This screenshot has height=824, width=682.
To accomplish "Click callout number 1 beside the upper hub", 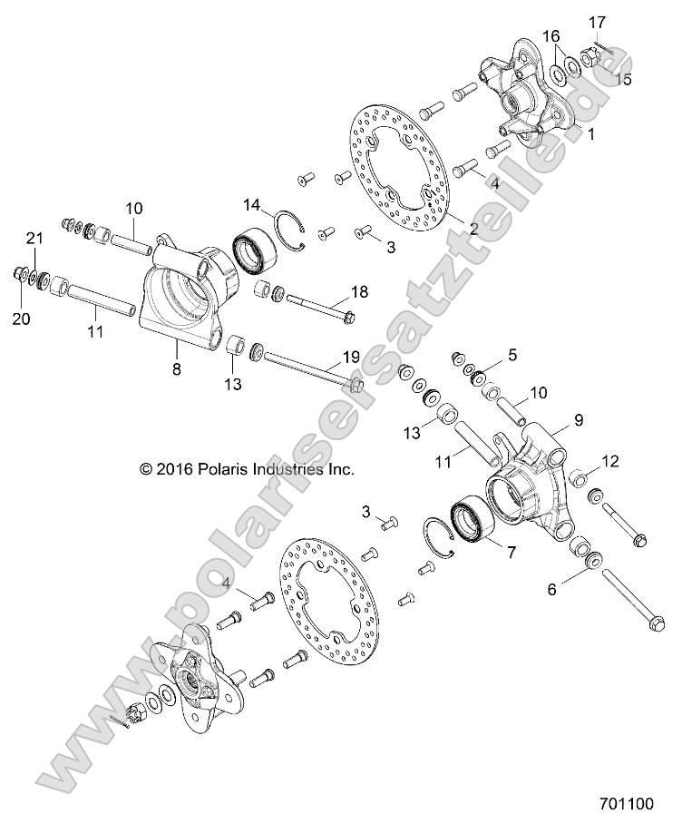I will click(590, 134).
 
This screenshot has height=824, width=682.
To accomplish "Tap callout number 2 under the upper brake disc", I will click(473, 228).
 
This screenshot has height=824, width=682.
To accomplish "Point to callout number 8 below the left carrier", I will click(176, 369).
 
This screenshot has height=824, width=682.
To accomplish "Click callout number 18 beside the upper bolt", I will click(358, 291).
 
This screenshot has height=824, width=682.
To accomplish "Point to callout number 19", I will click(350, 356).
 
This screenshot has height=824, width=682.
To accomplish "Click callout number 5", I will click(512, 355).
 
